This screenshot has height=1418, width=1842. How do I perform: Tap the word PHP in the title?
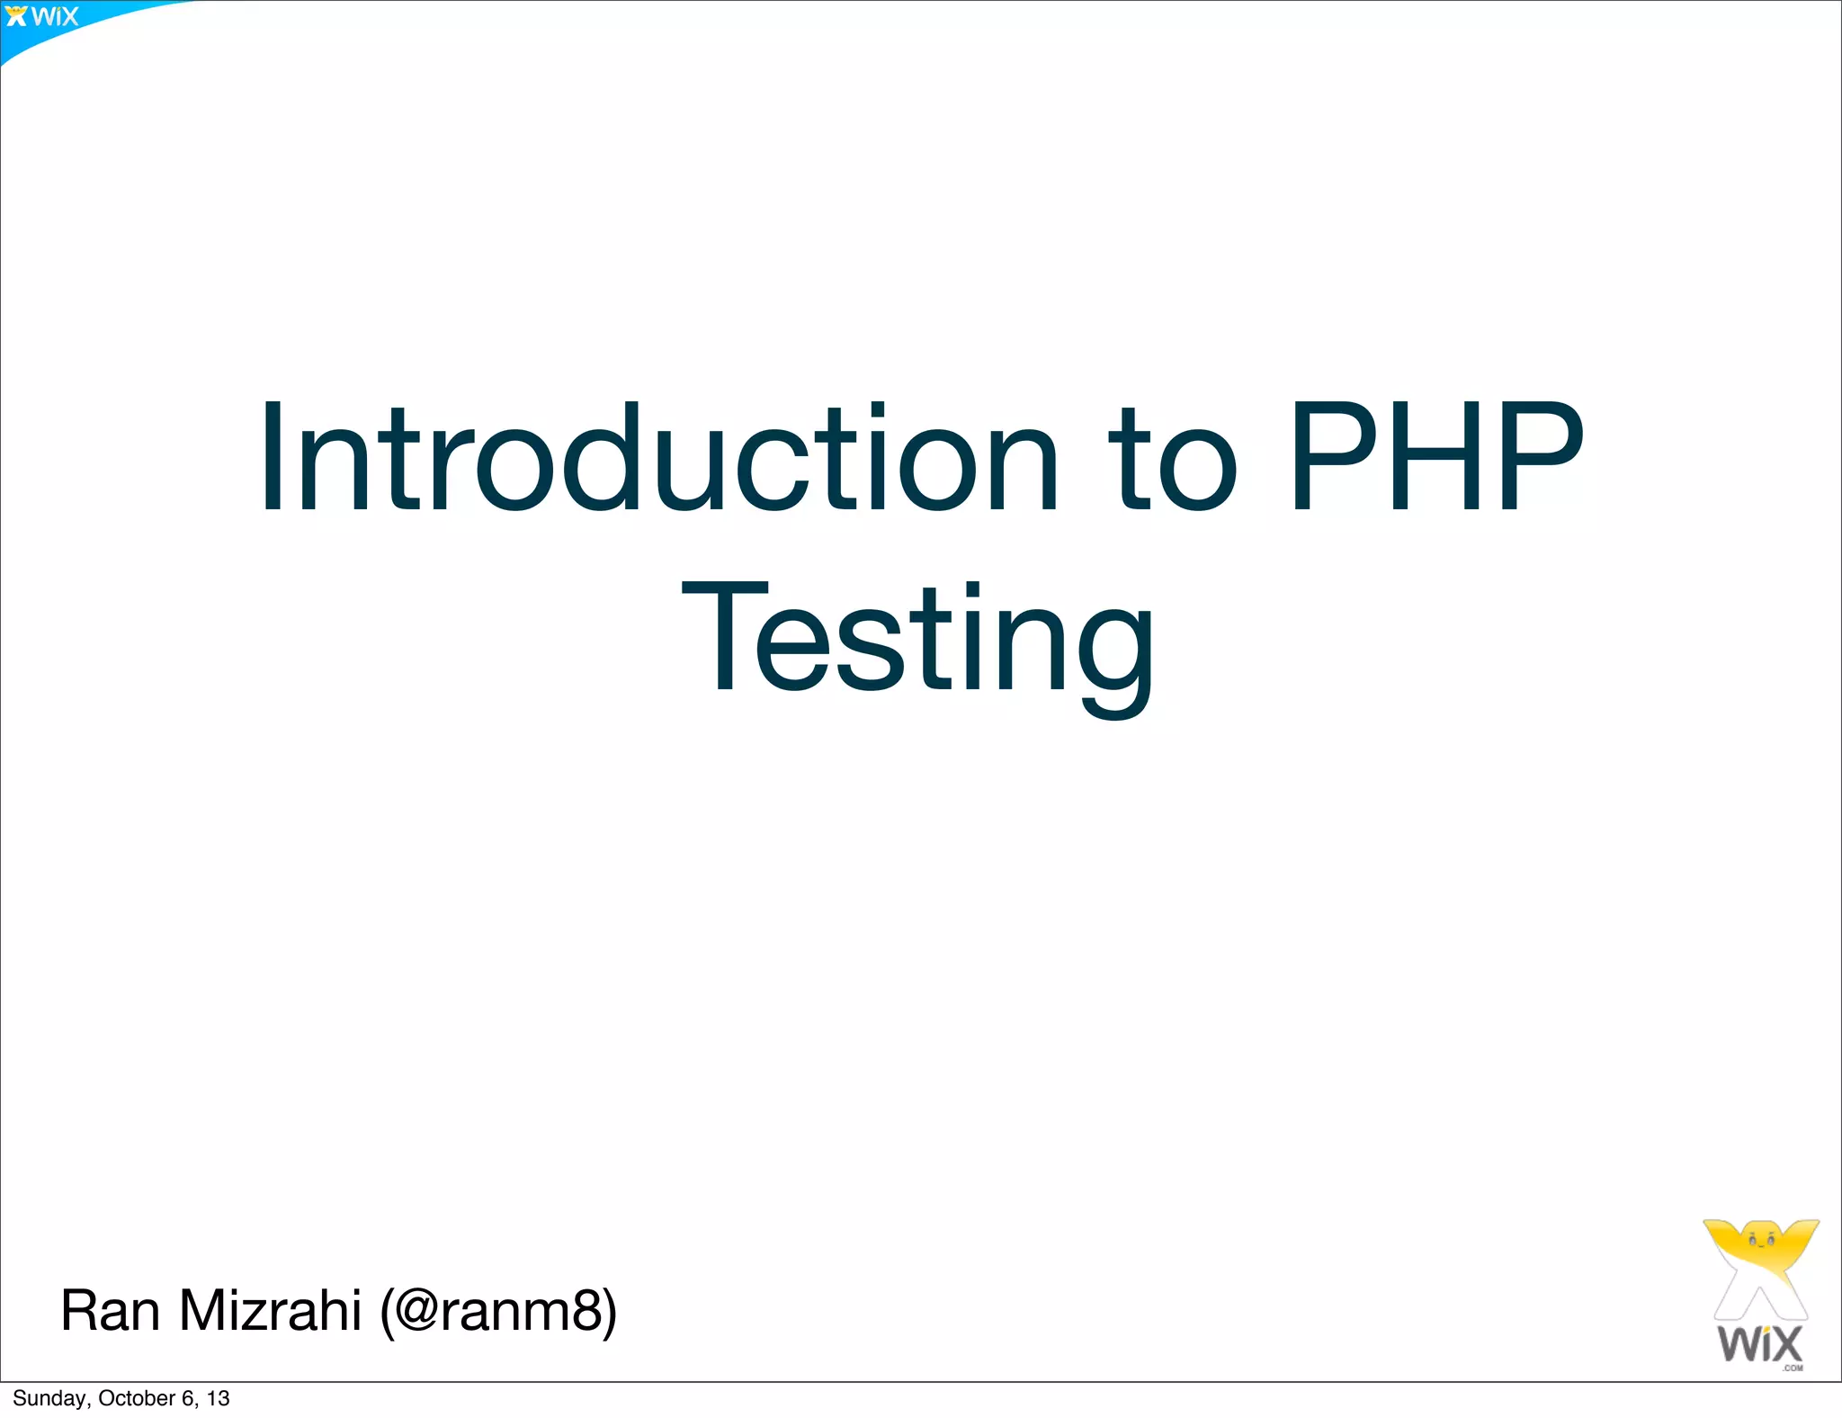[1435, 459]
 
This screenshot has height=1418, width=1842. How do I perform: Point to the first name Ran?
[110, 1311]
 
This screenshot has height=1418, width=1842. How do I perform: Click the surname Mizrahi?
[270, 1311]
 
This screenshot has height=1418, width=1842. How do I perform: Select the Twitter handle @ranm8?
[499, 1311]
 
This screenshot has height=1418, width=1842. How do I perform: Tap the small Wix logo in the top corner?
[42, 17]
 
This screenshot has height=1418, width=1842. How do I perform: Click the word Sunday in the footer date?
[49, 1398]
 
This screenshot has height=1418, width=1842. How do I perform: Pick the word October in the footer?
[137, 1398]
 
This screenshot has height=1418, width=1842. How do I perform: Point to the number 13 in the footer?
[218, 1398]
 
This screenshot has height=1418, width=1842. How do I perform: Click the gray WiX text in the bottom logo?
[1760, 1344]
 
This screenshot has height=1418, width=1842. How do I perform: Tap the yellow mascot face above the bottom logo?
[1760, 1242]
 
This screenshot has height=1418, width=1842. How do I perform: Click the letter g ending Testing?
[1115, 657]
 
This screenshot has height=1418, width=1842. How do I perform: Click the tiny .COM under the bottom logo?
[1793, 1369]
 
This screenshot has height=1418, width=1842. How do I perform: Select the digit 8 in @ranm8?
[582, 1311]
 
